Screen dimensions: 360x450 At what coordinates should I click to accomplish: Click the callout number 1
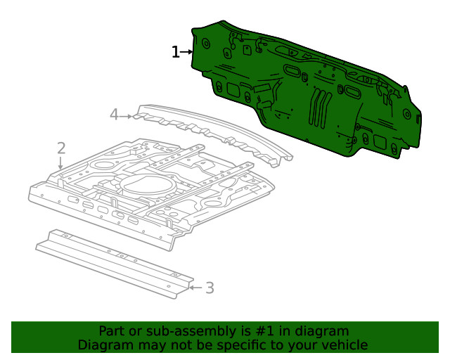pos(176,52)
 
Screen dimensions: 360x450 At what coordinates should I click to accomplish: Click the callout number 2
pos(61,148)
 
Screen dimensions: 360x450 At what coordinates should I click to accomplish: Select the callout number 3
pos(210,287)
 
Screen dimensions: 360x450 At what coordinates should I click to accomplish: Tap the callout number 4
pos(115,115)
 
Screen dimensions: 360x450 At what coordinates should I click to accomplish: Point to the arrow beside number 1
pos(187,52)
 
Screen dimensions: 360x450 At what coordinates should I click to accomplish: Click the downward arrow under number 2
pos(61,163)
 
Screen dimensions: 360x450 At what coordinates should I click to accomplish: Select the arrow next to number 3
pos(195,287)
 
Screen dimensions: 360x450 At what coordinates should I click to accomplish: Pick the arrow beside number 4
pos(127,116)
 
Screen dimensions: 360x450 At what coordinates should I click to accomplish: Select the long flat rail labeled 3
pos(112,262)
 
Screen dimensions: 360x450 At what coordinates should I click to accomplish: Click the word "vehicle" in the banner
pos(345,345)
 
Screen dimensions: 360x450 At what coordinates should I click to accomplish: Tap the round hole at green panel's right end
pos(407,114)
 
